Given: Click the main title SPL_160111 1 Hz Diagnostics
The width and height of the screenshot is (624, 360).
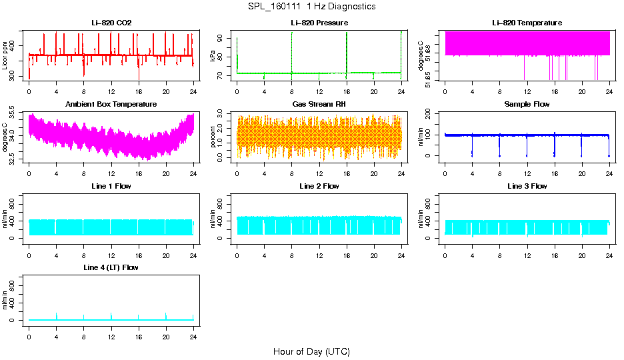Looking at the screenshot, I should click(311, 7).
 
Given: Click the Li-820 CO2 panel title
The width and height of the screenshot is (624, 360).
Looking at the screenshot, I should click(111, 23).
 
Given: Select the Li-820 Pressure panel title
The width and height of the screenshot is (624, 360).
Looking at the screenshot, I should click(319, 23).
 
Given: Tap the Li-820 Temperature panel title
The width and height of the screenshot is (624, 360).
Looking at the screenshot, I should click(527, 23).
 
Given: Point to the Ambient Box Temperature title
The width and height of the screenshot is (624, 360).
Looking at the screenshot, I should click(111, 104).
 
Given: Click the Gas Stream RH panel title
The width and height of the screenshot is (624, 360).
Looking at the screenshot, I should click(319, 104).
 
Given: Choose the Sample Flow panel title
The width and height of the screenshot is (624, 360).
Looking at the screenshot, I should click(527, 104).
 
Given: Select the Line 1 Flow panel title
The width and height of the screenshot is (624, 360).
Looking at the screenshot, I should click(111, 186).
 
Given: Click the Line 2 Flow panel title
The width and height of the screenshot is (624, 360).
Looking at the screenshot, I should click(319, 186).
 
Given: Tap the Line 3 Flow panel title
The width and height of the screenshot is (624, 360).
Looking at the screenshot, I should click(527, 186).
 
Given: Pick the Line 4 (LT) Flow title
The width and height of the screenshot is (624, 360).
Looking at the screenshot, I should click(111, 267).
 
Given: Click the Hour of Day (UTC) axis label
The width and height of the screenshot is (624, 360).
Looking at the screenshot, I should click(311, 351).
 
